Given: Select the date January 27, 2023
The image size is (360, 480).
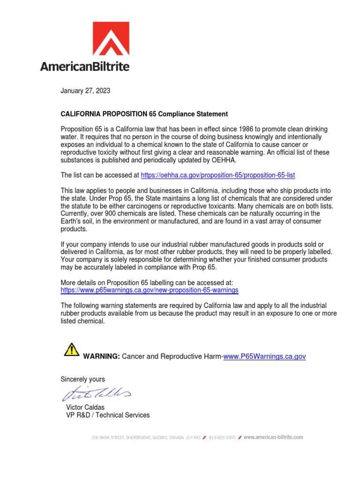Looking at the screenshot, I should (85, 91).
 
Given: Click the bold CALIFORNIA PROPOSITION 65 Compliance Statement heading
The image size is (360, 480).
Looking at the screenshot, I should (144, 114).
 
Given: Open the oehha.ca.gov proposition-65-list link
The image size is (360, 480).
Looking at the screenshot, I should (218, 175).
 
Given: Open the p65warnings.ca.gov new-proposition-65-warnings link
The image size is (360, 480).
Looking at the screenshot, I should (150, 290).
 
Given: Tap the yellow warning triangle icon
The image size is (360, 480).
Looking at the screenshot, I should (71, 349).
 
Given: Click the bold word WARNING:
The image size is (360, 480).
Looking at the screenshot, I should (101, 357).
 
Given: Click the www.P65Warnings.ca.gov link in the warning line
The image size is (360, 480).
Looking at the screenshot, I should (265, 357).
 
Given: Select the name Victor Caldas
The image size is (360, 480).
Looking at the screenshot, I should (85, 407).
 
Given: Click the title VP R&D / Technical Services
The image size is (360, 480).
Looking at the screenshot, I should (108, 415).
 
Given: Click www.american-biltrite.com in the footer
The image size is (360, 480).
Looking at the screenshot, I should (273, 437).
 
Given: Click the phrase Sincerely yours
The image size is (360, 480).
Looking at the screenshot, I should (83, 379).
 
